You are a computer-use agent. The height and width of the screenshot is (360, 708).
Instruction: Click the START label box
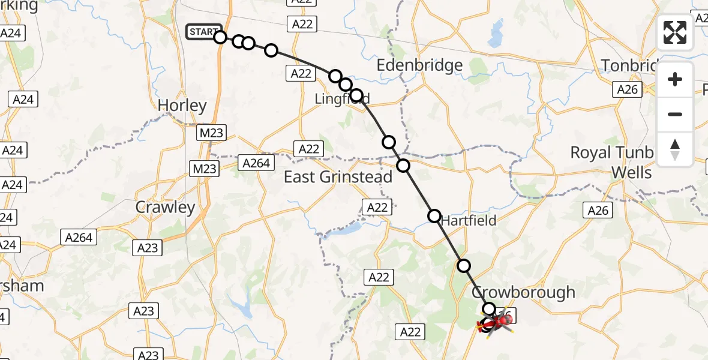(x=203, y=32)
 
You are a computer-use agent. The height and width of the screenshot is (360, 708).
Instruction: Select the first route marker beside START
(x=220, y=37)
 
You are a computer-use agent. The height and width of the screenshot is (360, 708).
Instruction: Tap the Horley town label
(x=182, y=106)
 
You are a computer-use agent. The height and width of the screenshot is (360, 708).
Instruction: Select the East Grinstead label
(x=338, y=177)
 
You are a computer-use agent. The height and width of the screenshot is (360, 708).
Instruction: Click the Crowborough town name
(x=523, y=293)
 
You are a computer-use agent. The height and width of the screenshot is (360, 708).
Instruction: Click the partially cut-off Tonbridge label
(x=629, y=65)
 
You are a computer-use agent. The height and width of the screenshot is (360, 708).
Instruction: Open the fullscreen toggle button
(x=675, y=32)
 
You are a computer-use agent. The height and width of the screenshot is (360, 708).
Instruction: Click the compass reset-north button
(x=675, y=149)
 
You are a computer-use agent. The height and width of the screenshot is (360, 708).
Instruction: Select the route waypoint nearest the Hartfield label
(x=434, y=215)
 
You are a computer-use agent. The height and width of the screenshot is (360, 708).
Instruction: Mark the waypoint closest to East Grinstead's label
(x=403, y=166)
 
